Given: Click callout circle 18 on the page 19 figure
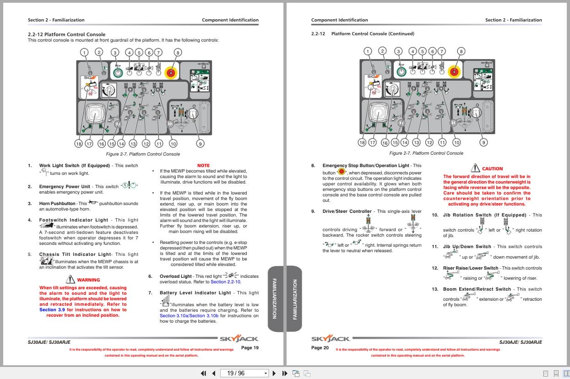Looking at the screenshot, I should pyautogui.click(x=78, y=144).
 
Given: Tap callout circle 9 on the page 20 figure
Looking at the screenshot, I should pyautogui.click(x=483, y=142).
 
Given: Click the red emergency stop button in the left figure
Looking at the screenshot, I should pyautogui.click(x=172, y=72).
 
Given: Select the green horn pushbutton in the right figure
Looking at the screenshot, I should pyautogui.click(x=401, y=71).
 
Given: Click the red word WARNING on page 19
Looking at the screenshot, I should pyautogui.click(x=88, y=280).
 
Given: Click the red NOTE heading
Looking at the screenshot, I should pyautogui.click(x=203, y=165).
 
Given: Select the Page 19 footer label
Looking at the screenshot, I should pyautogui.click(x=250, y=348).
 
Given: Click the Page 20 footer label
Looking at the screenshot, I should pyautogui.click(x=320, y=348).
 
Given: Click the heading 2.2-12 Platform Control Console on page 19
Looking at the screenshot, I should pyautogui.click(x=66, y=34).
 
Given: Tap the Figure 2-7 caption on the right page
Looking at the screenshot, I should pyautogui.click(x=426, y=153).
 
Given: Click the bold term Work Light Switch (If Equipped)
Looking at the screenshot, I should pyautogui.click(x=74, y=166).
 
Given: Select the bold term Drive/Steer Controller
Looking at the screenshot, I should pyautogui.click(x=347, y=211).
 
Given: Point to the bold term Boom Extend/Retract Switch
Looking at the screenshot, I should pyautogui.click(x=477, y=289).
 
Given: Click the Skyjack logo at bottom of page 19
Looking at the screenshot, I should pyautogui.click(x=239, y=339).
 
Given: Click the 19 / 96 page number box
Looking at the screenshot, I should pyautogui.click(x=244, y=373).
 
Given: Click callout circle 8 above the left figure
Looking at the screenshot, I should pyautogui.click(x=178, y=52).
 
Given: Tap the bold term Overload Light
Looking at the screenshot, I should pyautogui.click(x=176, y=276).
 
